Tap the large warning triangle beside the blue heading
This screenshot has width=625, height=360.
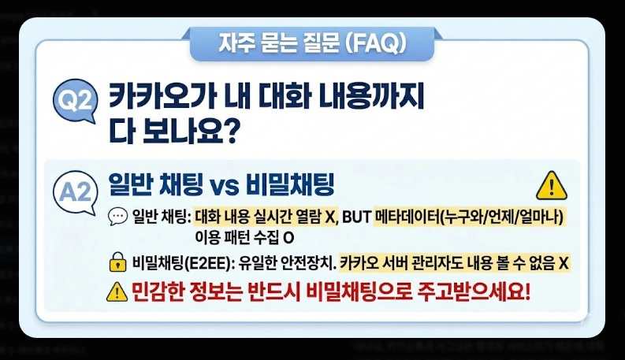point(551,186)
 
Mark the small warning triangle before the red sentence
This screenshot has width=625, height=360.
point(117,292)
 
